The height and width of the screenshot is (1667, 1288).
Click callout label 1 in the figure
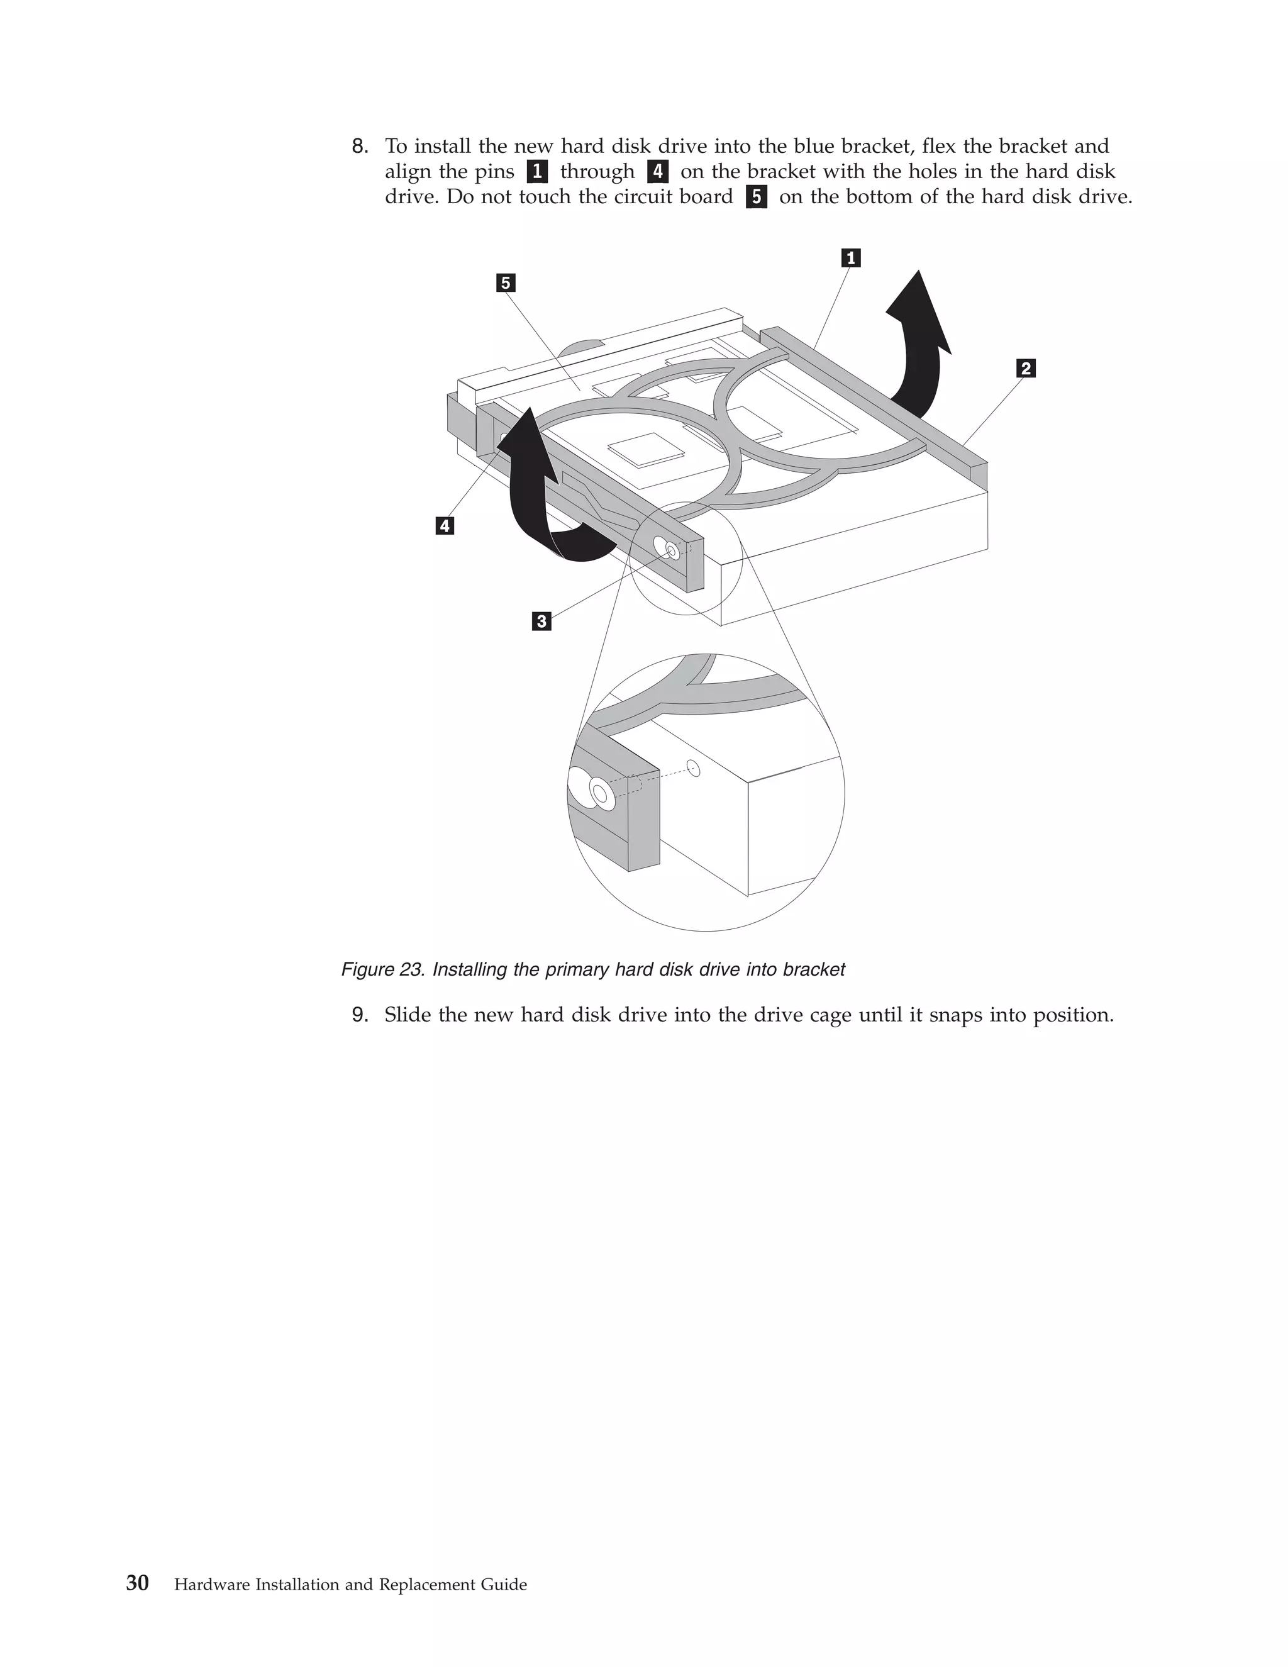point(851,258)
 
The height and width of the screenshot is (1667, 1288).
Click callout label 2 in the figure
point(1026,369)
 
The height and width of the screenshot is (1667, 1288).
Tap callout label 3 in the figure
point(541,622)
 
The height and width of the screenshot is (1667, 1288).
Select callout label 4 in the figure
point(444,526)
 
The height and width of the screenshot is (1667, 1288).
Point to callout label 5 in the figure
point(505,283)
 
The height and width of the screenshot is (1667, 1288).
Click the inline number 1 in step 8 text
point(537,172)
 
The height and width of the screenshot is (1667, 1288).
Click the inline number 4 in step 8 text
point(658,172)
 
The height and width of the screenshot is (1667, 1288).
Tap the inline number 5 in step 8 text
point(756,197)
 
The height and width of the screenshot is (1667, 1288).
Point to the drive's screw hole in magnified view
point(693,767)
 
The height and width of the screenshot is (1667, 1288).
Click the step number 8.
point(359,147)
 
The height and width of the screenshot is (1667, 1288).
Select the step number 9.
point(359,1015)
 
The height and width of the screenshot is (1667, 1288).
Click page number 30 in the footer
point(137,1584)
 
